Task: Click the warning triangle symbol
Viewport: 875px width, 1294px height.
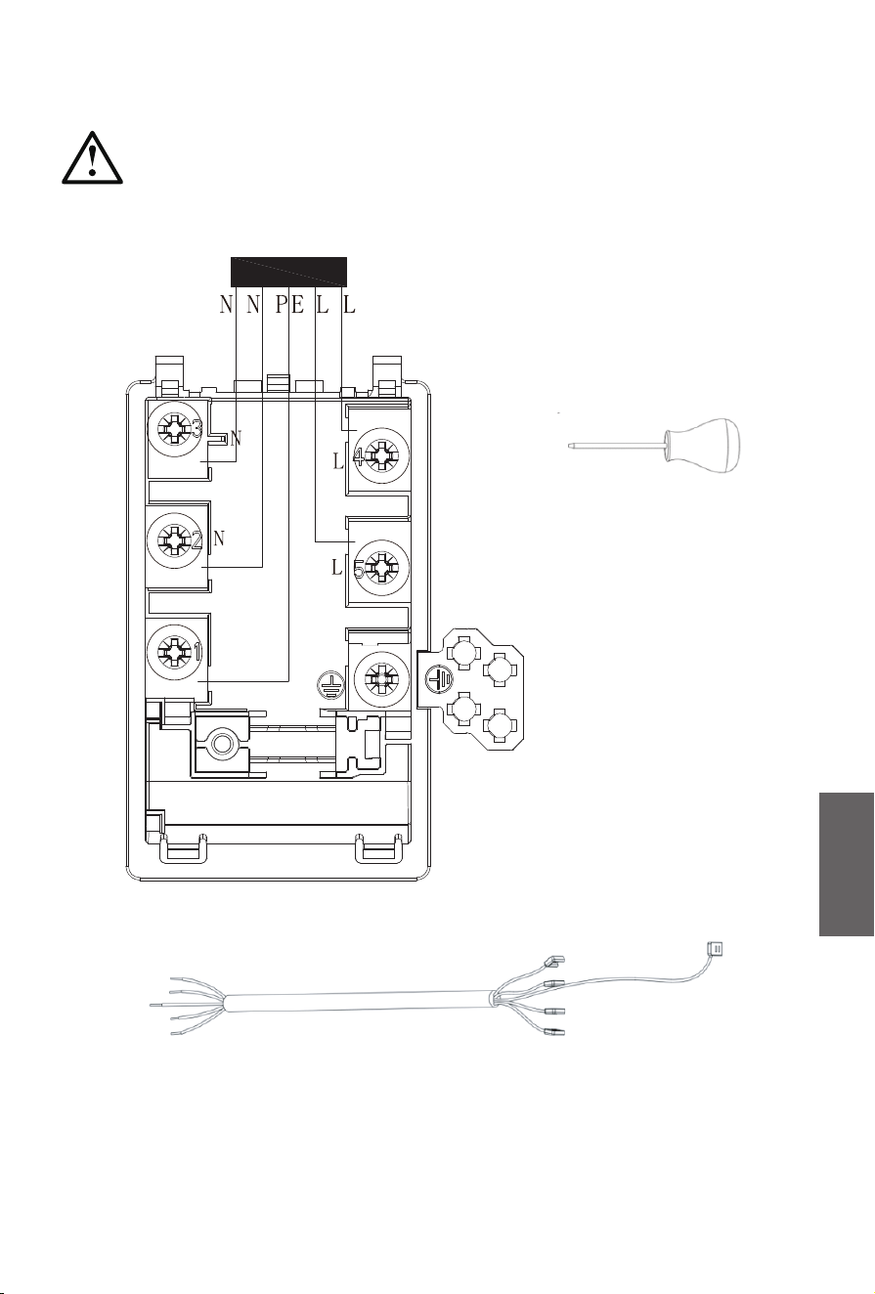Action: [92, 158]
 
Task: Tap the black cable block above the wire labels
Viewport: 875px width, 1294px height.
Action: [288, 272]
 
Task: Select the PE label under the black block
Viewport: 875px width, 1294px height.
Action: [289, 304]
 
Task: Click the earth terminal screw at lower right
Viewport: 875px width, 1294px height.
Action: [381, 677]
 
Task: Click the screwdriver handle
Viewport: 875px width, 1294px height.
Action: [702, 446]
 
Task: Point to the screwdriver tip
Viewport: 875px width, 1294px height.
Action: [569, 445]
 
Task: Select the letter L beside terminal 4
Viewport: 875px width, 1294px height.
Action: [338, 461]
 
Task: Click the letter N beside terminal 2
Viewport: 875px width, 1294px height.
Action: [218, 539]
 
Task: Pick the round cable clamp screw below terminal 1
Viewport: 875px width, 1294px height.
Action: [221, 744]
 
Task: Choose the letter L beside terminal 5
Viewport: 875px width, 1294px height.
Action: [337, 568]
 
